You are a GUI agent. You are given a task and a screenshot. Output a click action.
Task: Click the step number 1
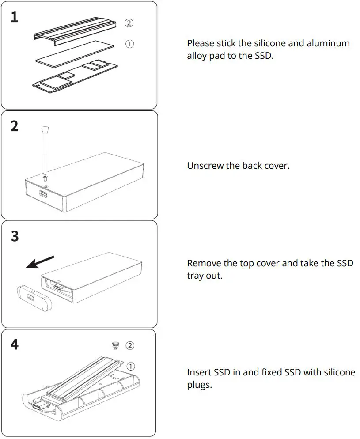coord(15,17)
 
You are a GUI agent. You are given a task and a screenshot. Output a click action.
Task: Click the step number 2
coord(15,126)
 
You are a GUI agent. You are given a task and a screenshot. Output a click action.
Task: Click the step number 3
coord(15,236)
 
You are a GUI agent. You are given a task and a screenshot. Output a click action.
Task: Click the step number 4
coord(15,344)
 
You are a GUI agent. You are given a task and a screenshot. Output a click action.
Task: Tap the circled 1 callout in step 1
coord(129,44)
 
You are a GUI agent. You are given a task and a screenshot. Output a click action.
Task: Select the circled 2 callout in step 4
coord(130,345)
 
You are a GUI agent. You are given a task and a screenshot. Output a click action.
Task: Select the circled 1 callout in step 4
coord(131,366)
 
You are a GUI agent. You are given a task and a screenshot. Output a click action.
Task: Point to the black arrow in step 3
coord(39,262)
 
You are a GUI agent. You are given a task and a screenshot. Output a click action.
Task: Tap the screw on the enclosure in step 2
coord(45,178)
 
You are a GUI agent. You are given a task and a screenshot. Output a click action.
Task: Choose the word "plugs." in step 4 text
coord(199,385)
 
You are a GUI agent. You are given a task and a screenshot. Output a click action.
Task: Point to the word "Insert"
coord(199,372)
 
